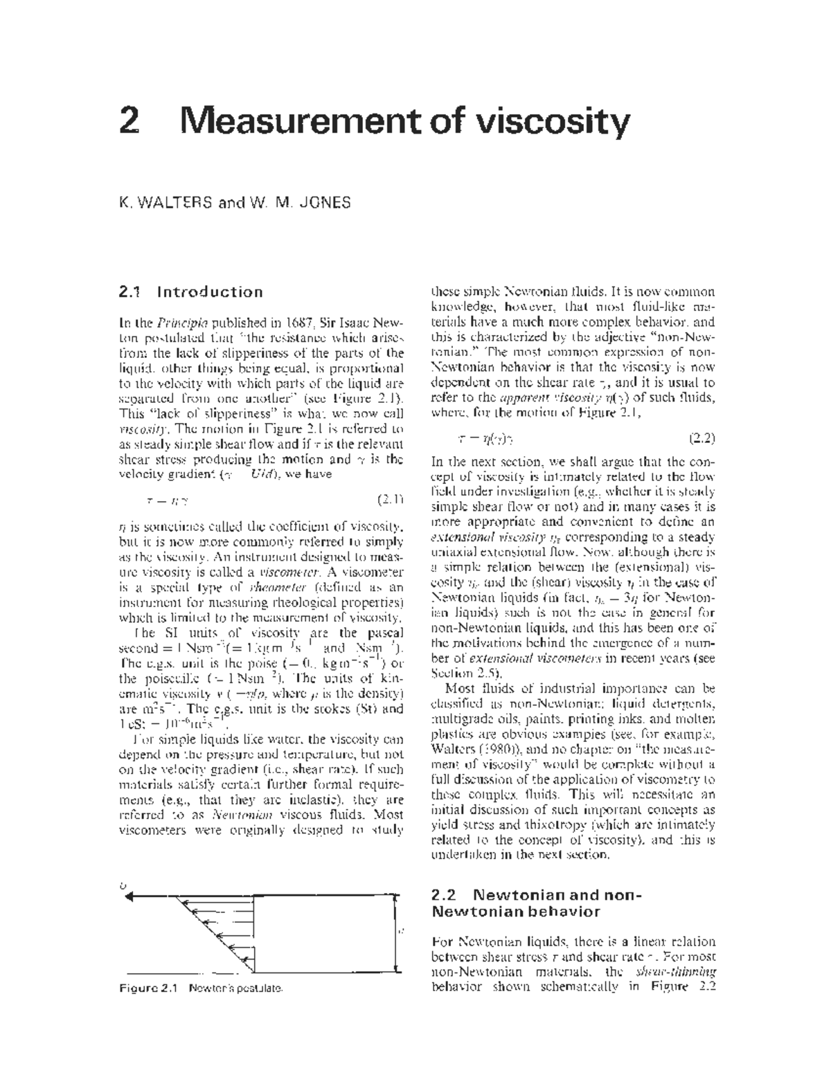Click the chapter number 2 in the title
point(129,123)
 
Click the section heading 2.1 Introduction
point(191,291)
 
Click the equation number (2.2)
point(702,438)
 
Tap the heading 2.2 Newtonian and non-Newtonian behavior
point(537,903)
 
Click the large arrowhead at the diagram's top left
point(129,897)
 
